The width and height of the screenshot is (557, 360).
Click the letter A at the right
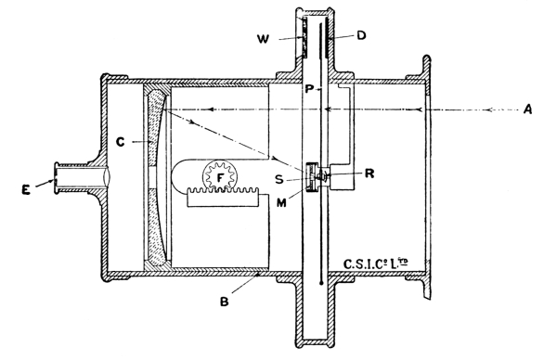tap(528, 109)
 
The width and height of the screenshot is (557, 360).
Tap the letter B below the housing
tap(224, 302)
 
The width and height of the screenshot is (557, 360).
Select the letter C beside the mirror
tap(121, 142)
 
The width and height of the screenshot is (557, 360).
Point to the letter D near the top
tap(361, 35)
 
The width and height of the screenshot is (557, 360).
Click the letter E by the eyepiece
tap(26, 190)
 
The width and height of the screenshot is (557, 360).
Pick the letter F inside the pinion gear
tap(221, 177)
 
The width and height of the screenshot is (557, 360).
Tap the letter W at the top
tap(264, 39)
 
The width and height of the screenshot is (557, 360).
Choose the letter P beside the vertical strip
tap(309, 89)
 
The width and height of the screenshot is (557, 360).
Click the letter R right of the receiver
tap(369, 174)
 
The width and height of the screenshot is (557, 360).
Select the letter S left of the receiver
tap(279, 180)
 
